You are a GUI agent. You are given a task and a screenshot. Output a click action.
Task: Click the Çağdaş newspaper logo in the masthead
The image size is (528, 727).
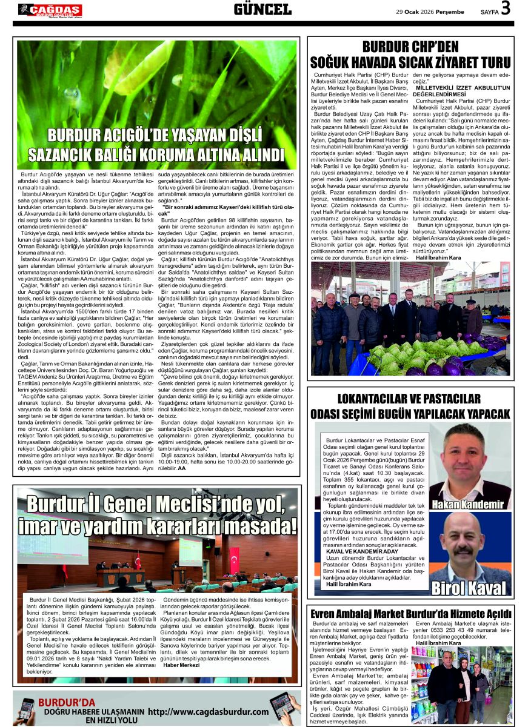coord(50,10)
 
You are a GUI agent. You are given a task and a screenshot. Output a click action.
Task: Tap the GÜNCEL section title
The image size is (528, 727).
coord(262,9)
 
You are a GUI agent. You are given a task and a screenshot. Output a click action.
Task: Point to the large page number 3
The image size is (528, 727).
coord(506,8)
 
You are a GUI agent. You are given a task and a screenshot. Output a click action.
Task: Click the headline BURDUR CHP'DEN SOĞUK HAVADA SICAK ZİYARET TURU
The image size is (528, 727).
coord(410,55)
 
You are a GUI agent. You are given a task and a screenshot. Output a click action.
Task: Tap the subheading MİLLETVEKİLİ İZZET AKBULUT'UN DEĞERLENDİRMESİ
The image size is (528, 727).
coord(463,91)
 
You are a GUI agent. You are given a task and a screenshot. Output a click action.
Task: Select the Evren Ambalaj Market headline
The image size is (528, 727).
coord(410,614)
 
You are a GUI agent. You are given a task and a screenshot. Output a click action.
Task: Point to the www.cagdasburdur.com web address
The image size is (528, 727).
coord(208,711)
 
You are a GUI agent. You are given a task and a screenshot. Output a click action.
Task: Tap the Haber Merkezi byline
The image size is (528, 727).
coord(181,665)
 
